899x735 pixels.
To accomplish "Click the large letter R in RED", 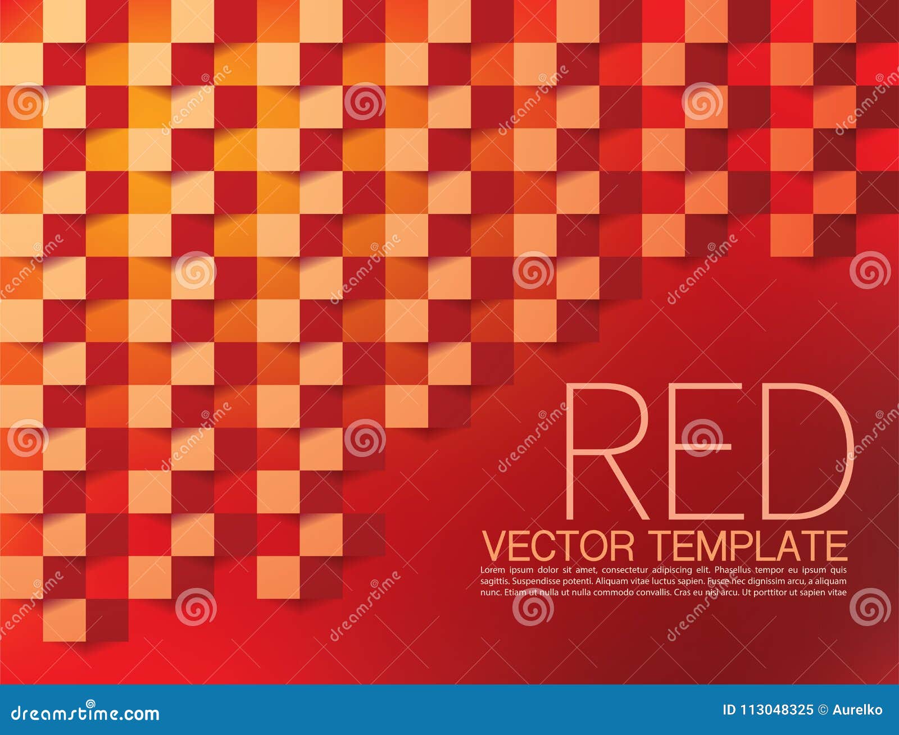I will tap(604, 452).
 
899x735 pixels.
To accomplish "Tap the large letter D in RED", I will tap(806, 452).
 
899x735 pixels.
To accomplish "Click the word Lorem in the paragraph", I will tap(493, 570).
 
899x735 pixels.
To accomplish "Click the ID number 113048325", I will tap(776, 710).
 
